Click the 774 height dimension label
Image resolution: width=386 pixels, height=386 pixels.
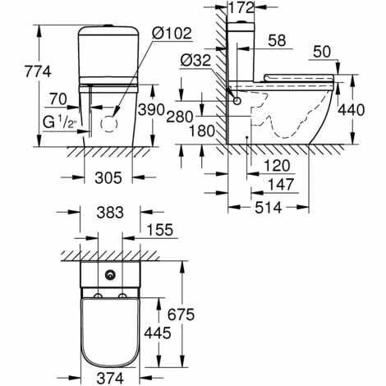[38, 72]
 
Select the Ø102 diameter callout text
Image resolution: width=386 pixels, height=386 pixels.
[172, 34]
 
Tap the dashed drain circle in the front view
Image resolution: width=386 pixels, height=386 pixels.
[109, 124]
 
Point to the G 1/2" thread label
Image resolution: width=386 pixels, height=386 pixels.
[59, 122]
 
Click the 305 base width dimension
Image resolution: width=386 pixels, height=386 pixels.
[108, 178]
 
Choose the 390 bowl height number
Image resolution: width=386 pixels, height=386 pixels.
[151, 110]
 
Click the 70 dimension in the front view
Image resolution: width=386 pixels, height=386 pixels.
[58, 99]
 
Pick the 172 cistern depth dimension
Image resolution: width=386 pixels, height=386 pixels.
[241, 8]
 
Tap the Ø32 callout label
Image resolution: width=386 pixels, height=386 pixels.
[195, 61]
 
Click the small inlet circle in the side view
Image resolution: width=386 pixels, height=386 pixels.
[237, 101]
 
